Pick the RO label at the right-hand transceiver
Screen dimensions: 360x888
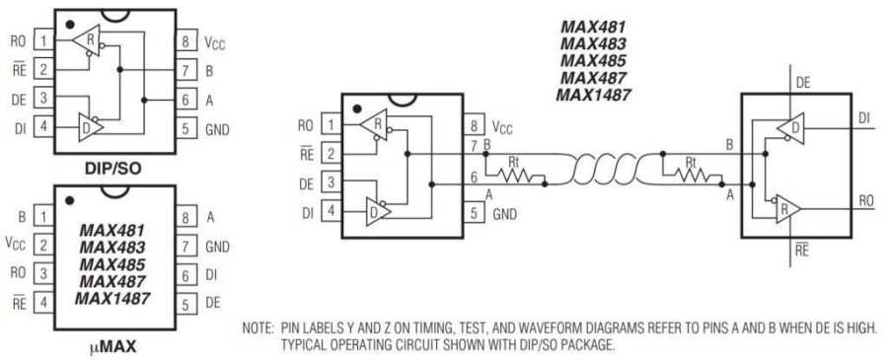(x=865, y=200)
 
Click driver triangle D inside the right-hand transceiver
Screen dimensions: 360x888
(x=788, y=126)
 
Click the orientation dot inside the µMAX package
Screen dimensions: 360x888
(x=70, y=201)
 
